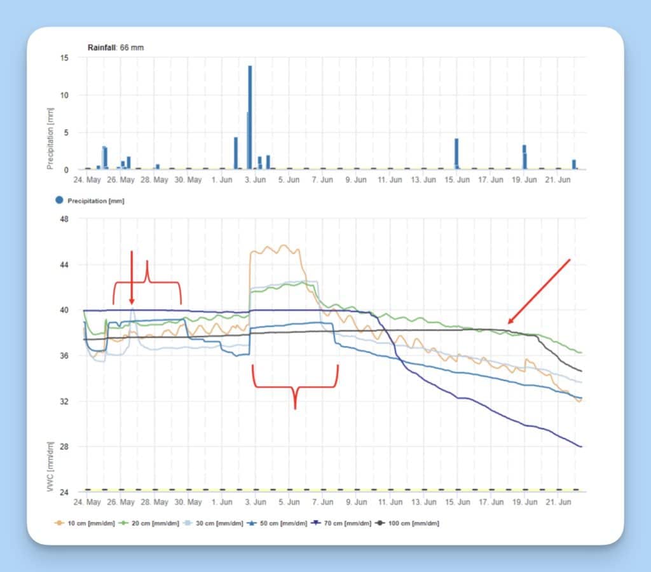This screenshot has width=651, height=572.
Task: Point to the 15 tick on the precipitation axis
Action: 64,58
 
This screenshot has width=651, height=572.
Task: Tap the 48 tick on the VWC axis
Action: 64,219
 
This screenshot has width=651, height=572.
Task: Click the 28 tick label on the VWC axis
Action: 64,447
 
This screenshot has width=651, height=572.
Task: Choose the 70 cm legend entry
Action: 344,523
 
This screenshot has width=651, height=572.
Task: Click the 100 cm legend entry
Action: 407,523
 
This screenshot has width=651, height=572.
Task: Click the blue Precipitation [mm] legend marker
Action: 60,200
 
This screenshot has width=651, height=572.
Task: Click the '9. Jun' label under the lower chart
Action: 356,502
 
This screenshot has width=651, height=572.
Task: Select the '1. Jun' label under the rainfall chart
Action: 222,180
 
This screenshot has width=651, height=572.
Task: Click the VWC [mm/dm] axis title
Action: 50,463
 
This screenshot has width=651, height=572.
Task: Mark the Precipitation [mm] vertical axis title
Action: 50,138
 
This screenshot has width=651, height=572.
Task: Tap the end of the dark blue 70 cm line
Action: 580,447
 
